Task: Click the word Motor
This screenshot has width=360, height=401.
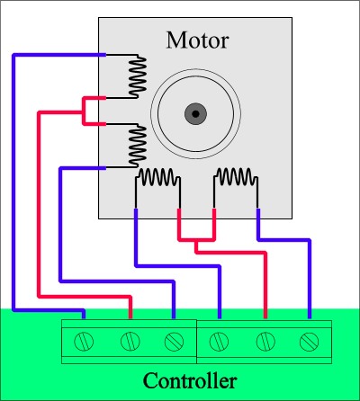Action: click(198, 40)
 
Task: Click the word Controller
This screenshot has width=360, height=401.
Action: click(190, 380)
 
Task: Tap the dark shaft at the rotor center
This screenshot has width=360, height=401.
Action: click(195, 114)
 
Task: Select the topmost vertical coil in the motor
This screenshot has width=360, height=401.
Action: click(138, 76)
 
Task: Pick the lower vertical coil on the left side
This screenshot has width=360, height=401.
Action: click(138, 146)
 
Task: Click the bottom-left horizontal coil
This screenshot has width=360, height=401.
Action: click(157, 177)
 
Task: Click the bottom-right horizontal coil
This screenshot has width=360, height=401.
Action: click(236, 177)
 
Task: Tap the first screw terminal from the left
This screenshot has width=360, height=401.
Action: click(84, 342)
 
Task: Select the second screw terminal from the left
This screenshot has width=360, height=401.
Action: click(130, 341)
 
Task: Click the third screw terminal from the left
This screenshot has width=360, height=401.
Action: click(174, 342)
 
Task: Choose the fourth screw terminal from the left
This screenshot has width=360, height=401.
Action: click(219, 342)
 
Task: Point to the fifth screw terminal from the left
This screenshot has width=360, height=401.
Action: click(265, 342)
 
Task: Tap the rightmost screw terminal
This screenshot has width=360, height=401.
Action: click(310, 342)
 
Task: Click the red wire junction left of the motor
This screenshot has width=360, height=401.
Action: click(84, 112)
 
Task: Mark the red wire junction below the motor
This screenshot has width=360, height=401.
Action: click(196, 240)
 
